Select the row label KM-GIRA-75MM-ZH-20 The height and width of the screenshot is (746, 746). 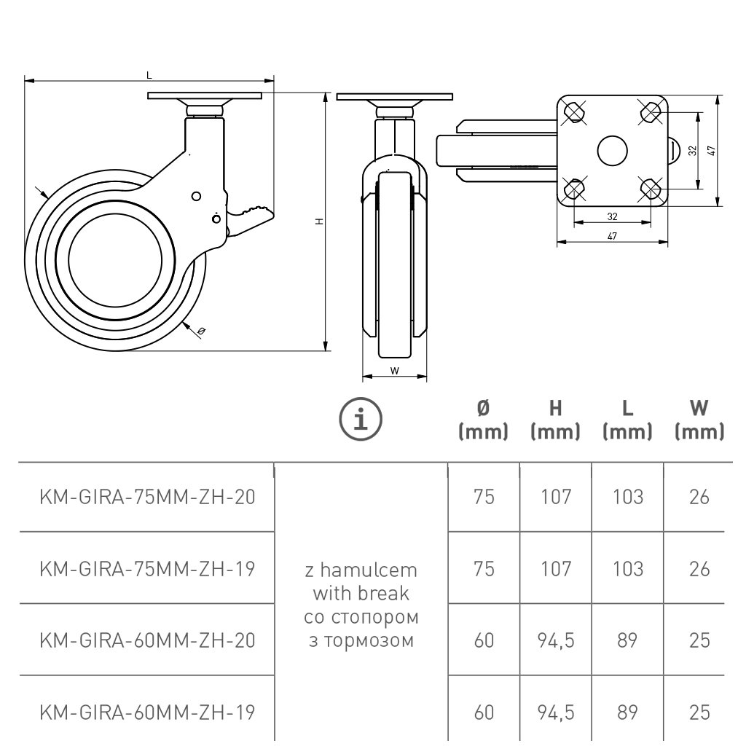[x=147, y=497]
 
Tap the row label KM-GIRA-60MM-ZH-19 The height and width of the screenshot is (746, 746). [x=147, y=711]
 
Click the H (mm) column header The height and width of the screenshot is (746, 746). [x=555, y=421]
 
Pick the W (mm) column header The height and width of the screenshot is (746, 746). [x=699, y=421]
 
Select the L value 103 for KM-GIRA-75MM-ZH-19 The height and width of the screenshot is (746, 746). [x=627, y=568]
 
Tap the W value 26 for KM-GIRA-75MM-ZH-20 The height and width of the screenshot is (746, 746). [x=699, y=497]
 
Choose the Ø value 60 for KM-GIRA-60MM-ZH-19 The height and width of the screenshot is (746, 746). [x=484, y=711]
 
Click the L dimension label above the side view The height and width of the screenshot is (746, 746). [x=149, y=74]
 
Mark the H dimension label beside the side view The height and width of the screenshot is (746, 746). [x=319, y=221]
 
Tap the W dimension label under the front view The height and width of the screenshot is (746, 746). [x=394, y=371]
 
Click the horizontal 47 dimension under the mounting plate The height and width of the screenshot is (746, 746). [x=612, y=236]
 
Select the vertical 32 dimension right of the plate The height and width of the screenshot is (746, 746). [x=693, y=150]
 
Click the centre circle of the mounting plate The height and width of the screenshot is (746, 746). [x=612, y=150]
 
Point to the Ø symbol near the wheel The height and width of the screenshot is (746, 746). [x=201, y=331]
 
